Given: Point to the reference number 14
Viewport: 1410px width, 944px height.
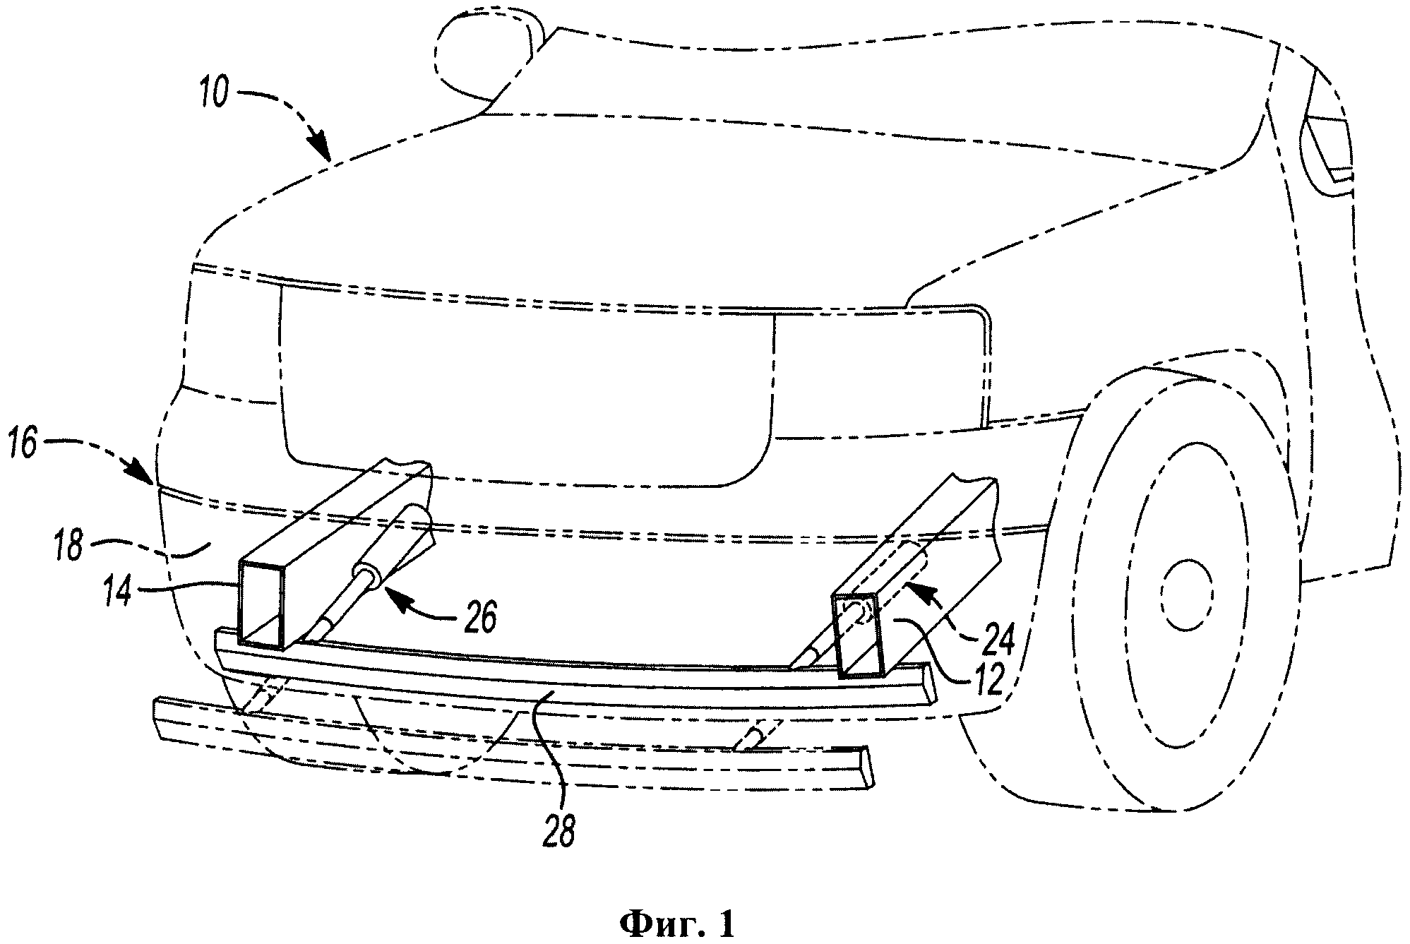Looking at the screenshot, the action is pyautogui.click(x=116, y=592).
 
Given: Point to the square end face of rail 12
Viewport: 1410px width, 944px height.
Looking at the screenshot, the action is pyautogui.click(x=859, y=635).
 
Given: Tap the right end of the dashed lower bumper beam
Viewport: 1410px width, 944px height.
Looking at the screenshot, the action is pyautogui.click(x=865, y=765).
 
